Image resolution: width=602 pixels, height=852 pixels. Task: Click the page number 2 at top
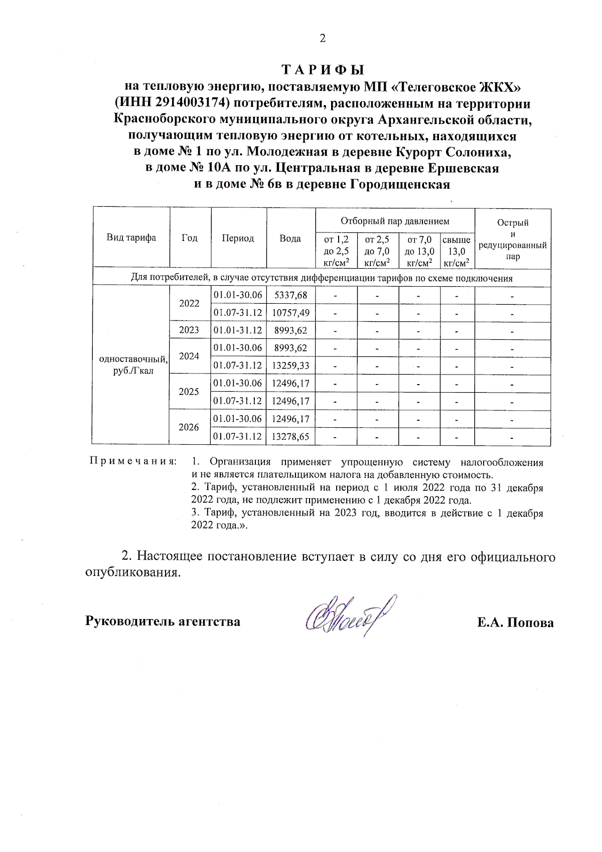coord(323,38)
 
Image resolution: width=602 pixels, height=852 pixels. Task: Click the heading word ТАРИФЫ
coord(322,69)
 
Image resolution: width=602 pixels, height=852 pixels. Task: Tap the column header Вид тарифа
coord(131,237)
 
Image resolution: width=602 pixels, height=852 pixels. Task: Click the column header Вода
coord(290,238)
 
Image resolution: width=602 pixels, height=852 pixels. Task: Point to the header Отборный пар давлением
coord(395,221)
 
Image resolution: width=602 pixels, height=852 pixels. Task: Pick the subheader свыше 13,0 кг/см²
coord(457,251)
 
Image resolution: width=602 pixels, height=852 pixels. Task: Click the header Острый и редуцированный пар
coord(513,239)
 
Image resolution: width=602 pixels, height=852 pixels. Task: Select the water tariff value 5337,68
coord(290,295)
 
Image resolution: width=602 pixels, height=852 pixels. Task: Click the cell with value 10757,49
coord(290,313)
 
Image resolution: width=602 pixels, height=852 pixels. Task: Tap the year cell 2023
coord(189,330)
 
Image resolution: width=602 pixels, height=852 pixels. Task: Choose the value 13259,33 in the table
coord(290,366)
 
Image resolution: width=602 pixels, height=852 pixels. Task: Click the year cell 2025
coord(189,392)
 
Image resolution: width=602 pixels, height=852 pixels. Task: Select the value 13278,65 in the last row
coord(290,436)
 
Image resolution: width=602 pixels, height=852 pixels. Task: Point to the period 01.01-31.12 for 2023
coord(238,330)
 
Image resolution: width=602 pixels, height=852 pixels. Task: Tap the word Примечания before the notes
coord(133,461)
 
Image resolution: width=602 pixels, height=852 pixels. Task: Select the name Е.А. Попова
coord(515,623)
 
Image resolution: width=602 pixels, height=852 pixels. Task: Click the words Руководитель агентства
coord(163,621)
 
